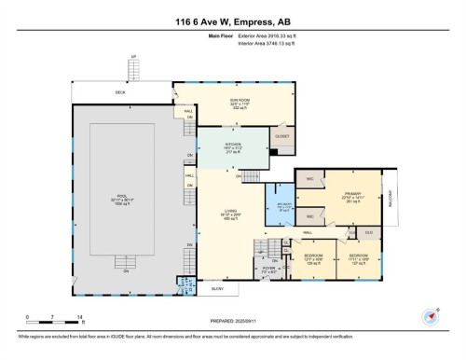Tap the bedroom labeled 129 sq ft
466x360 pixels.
click(x=314, y=257)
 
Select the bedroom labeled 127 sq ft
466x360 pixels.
click(x=358, y=257)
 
